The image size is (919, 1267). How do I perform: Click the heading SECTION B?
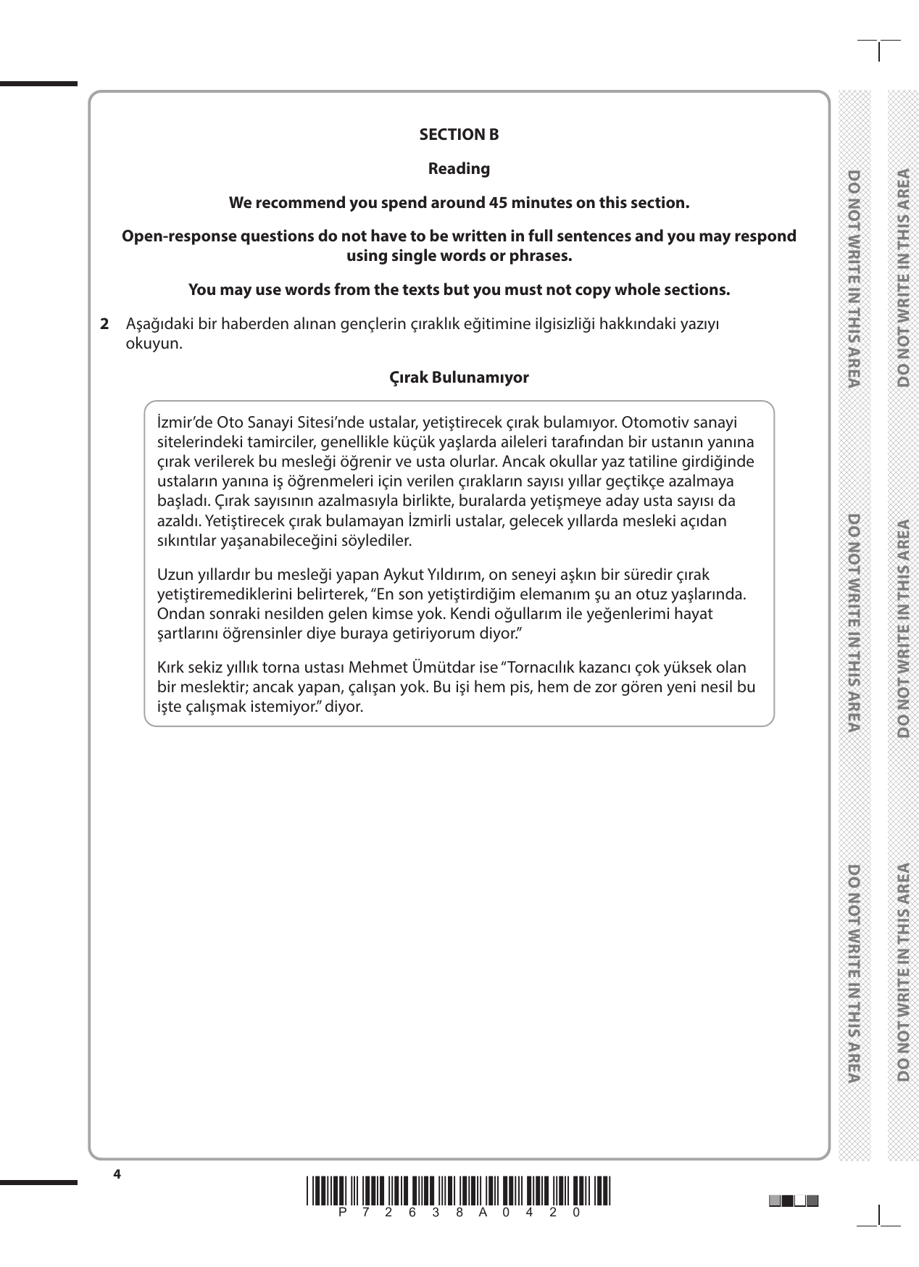(x=459, y=135)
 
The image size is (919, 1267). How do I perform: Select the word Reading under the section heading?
(x=459, y=169)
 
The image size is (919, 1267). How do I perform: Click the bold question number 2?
(x=104, y=323)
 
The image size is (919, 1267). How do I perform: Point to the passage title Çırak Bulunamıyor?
(x=459, y=378)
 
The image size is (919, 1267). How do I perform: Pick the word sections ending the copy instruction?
(x=697, y=290)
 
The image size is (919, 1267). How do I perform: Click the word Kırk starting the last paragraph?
(x=170, y=667)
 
